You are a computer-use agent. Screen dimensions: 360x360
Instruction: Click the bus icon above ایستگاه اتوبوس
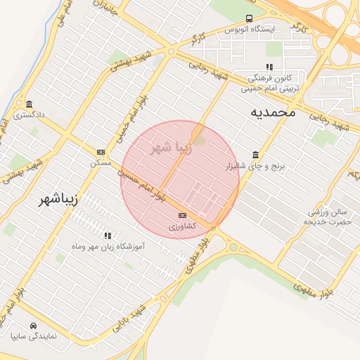coord(249,19)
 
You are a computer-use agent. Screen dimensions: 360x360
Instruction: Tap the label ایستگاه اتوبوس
coord(252,30)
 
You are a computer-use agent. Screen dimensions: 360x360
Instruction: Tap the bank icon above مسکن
coord(101,152)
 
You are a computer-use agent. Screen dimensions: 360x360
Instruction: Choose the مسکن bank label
coord(101,162)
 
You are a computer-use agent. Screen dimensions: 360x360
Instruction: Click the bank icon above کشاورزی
coord(183,215)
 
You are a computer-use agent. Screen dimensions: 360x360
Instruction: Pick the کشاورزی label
coord(183,226)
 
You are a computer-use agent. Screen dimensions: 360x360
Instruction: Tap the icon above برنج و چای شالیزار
coord(255,155)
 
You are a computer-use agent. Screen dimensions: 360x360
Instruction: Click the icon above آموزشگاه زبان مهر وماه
coord(108,236)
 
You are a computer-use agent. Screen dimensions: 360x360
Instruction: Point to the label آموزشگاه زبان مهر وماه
coord(108,247)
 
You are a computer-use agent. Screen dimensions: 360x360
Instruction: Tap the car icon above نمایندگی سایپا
coord(33,326)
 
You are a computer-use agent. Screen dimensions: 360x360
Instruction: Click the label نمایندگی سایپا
coord(34,337)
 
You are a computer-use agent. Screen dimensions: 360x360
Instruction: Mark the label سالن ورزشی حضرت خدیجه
coord(327,216)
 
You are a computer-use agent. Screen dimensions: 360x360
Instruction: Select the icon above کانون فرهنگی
coord(269,67)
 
